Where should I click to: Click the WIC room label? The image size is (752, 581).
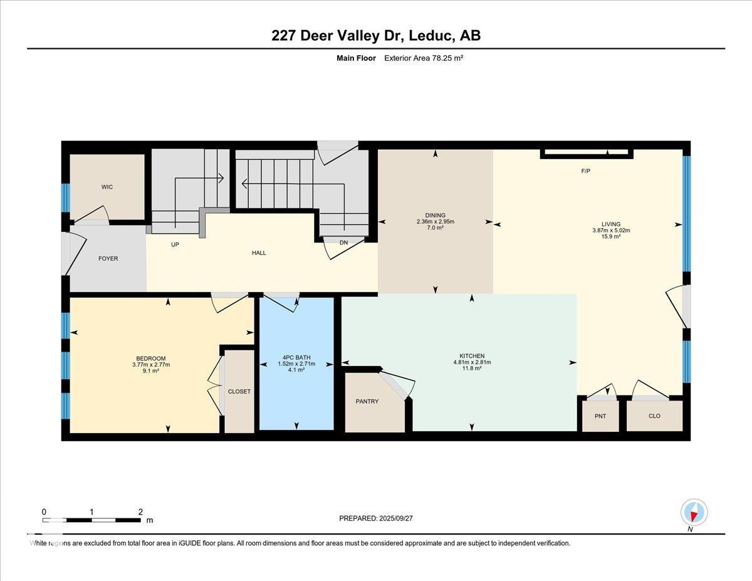coord(107,187)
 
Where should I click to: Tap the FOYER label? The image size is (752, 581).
coord(108,258)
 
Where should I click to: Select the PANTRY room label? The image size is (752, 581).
coord(367,401)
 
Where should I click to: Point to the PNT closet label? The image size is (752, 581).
coord(600,416)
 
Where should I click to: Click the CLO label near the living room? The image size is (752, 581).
coord(654,416)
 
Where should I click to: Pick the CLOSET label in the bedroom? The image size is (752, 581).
coord(239,391)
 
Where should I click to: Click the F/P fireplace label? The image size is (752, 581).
coord(586,170)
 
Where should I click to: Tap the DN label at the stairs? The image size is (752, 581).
coord(343,243)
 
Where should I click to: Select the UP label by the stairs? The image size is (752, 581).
coord(175,244)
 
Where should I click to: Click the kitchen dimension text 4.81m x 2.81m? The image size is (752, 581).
coord(472,362)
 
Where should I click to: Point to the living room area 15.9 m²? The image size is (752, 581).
coord(610,237)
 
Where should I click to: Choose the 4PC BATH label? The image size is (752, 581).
coord(296,358)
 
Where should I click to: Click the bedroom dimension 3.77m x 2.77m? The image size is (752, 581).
coord(150,365)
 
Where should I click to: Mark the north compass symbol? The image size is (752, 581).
coord(694,513)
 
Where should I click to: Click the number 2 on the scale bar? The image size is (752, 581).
coord(140,511)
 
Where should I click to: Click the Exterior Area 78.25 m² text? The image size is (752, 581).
coord(423,58)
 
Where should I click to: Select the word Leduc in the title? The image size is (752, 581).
coord(431,36)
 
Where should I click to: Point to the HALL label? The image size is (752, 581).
coord(259,253)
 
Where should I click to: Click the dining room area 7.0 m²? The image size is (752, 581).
coord(435,228)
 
